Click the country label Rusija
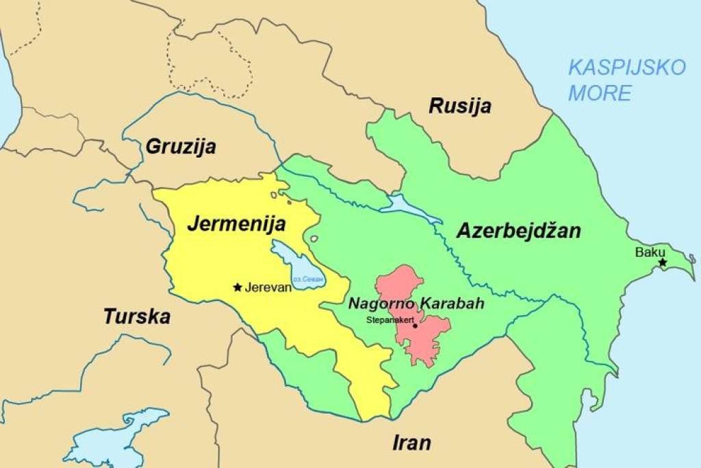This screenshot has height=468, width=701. point(460,106)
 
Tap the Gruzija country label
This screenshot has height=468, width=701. point(181,147)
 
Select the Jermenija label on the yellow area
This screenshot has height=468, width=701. point(236,223)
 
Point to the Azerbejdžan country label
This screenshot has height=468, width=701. point(518,231)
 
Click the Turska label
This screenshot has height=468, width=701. point(136,317)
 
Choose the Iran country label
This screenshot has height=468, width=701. point(411,443)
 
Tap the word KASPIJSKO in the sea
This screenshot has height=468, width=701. point(626,68)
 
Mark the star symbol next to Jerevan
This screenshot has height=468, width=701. point(238,287)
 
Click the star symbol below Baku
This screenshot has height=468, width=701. point(662,262)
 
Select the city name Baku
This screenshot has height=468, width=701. point(650,251)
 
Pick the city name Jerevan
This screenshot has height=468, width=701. point(268,288)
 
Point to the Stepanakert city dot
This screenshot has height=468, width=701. point(415,325)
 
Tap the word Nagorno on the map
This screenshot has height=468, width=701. point(381,303)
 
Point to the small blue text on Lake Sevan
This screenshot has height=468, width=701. point(308,280)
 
